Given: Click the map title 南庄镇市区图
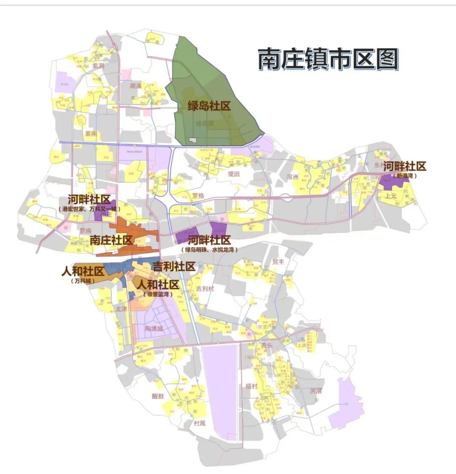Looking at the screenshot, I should [x=328, y=59].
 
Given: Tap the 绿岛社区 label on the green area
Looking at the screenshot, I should [x=209, y=106].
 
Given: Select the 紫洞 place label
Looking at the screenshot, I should [x=98, y=66].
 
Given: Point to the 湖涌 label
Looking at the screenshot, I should [x=136, y=86].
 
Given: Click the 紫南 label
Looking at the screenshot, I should [x=91, y=133].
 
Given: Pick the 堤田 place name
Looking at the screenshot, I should [x=233, y=174].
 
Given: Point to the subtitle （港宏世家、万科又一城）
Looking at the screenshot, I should [x=89, y=209].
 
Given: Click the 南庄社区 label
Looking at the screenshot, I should [x=111, y=240].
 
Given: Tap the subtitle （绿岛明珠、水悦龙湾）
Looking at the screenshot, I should [x=209, y=250].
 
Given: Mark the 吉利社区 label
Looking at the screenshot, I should [x=174, y=267].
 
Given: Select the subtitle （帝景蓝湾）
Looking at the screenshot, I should [x=157, y=294].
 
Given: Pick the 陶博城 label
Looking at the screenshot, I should [x=154, y=328].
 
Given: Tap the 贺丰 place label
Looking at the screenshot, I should [x=278, y=262].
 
